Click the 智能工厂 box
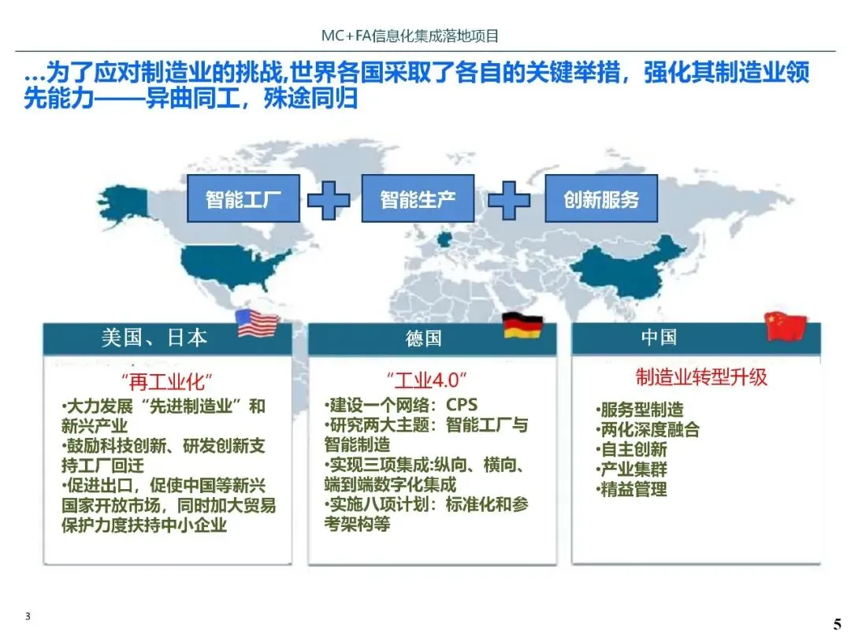click(243, 198)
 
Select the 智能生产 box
click(418, 198)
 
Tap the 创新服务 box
click(601, 198)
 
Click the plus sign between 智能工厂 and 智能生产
click(329, 200)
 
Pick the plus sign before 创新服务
click(509, 200)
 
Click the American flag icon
click(258, 324)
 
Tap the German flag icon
click(522, 325)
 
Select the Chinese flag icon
click(786, 325)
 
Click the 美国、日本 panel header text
click(154, 338)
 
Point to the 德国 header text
click(424, 339)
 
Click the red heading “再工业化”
click(168, 382)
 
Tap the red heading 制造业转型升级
click(701, 376)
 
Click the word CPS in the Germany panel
click(462, 405)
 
